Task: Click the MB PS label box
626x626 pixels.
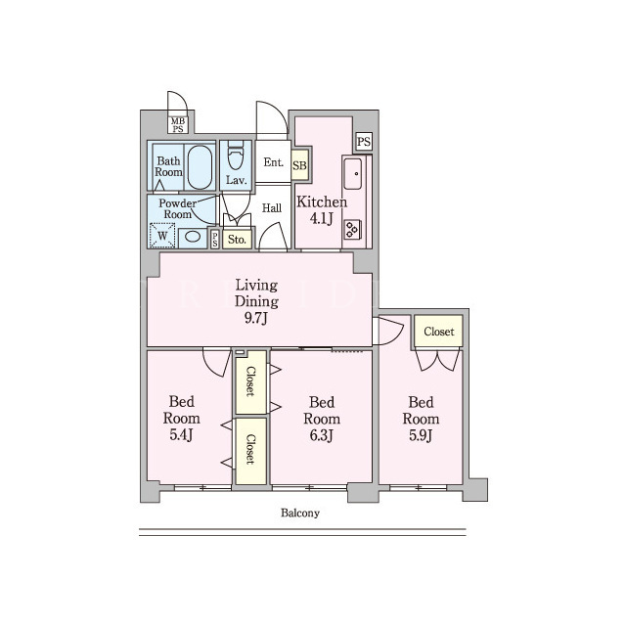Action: click(x=178, y=124)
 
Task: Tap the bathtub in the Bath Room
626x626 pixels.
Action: click(x=200, y=167)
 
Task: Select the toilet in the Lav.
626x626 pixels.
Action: click(x=236, y=156)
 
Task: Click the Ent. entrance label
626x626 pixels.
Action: click(x=274, y=162)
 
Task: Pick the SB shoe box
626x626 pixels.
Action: click(x=299, y=165)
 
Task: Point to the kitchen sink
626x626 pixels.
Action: click(x=353, y=174)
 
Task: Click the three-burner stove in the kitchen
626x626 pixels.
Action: click(x=352, y=229)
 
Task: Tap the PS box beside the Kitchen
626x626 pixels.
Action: click(x=364, y=142)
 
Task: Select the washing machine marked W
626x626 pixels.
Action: click(x=162, y=236)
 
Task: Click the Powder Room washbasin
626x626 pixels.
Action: click(x=193, y=237)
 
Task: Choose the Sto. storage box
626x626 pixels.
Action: click(x=237, y=239)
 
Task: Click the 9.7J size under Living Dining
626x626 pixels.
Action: click(x=255, y=318)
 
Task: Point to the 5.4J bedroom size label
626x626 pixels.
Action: click(x=181, y=434)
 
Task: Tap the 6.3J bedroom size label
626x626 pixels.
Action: click(x=322, y=435)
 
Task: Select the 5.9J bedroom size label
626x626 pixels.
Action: click(x=421, y=435)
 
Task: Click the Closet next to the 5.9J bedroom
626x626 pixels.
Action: click(x=439, y=332)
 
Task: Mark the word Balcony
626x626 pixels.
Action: click(x=300, y=513)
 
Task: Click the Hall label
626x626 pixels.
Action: click(x=272, y=207)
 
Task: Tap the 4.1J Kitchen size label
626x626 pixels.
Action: click(x=322, y=218)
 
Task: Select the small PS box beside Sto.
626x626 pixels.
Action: click(x=215, y=240)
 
